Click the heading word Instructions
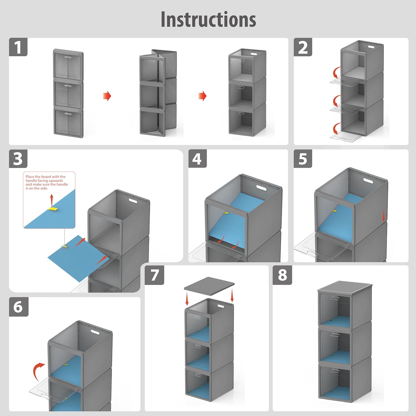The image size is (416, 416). click(x=208, y=19)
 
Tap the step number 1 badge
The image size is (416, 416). click(x=18, y=47)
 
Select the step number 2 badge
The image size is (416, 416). click(x=303, y=47)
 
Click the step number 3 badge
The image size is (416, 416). click(x=18, y=159)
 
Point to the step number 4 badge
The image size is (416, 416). click(x=197, y=159)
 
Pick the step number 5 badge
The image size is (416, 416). click(x=303, y=159)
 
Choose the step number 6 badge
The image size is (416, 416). click(x=19, y=306)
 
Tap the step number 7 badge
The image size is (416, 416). click(x=154, y=275)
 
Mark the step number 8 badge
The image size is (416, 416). click(x=282, y=275)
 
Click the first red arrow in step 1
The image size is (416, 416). click(x=107, y=96)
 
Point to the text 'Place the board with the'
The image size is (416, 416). click(x=45, y=177)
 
